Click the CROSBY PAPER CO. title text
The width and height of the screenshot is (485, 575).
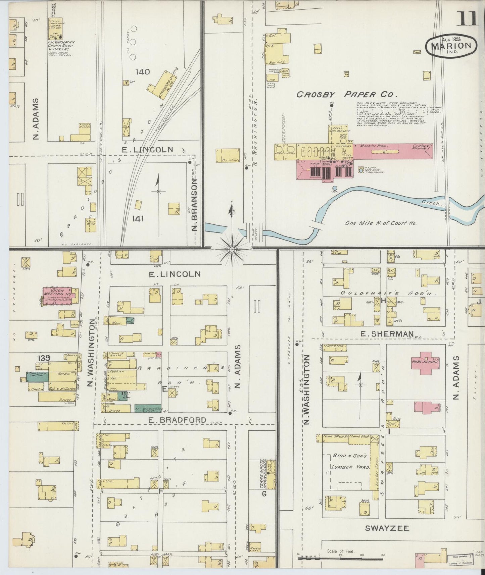[347, 95]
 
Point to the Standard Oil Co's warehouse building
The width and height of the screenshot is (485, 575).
[164, 82]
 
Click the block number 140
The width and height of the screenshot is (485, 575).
[143, 71]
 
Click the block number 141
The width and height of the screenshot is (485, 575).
[138, 219]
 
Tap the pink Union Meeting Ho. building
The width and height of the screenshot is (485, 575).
[58, 296]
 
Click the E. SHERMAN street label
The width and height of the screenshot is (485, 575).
[387, 333]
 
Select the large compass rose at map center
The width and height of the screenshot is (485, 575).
[232, 250]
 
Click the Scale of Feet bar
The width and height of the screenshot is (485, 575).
[341, 559]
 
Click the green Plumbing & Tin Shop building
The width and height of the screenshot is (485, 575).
[38, 376]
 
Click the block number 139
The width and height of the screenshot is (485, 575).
[44, 358]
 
